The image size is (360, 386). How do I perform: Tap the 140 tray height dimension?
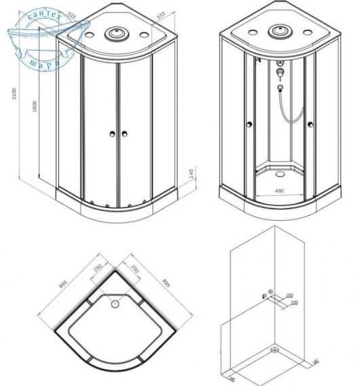click(193, 173)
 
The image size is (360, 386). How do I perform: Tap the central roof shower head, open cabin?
click(278, 31)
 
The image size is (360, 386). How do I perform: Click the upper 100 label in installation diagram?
click(289, 296)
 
